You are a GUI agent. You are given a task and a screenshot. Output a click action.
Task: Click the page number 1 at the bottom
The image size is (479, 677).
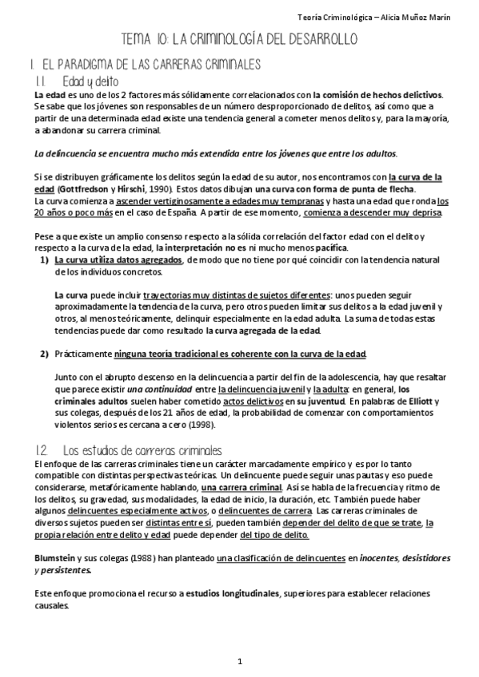(239, 662)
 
